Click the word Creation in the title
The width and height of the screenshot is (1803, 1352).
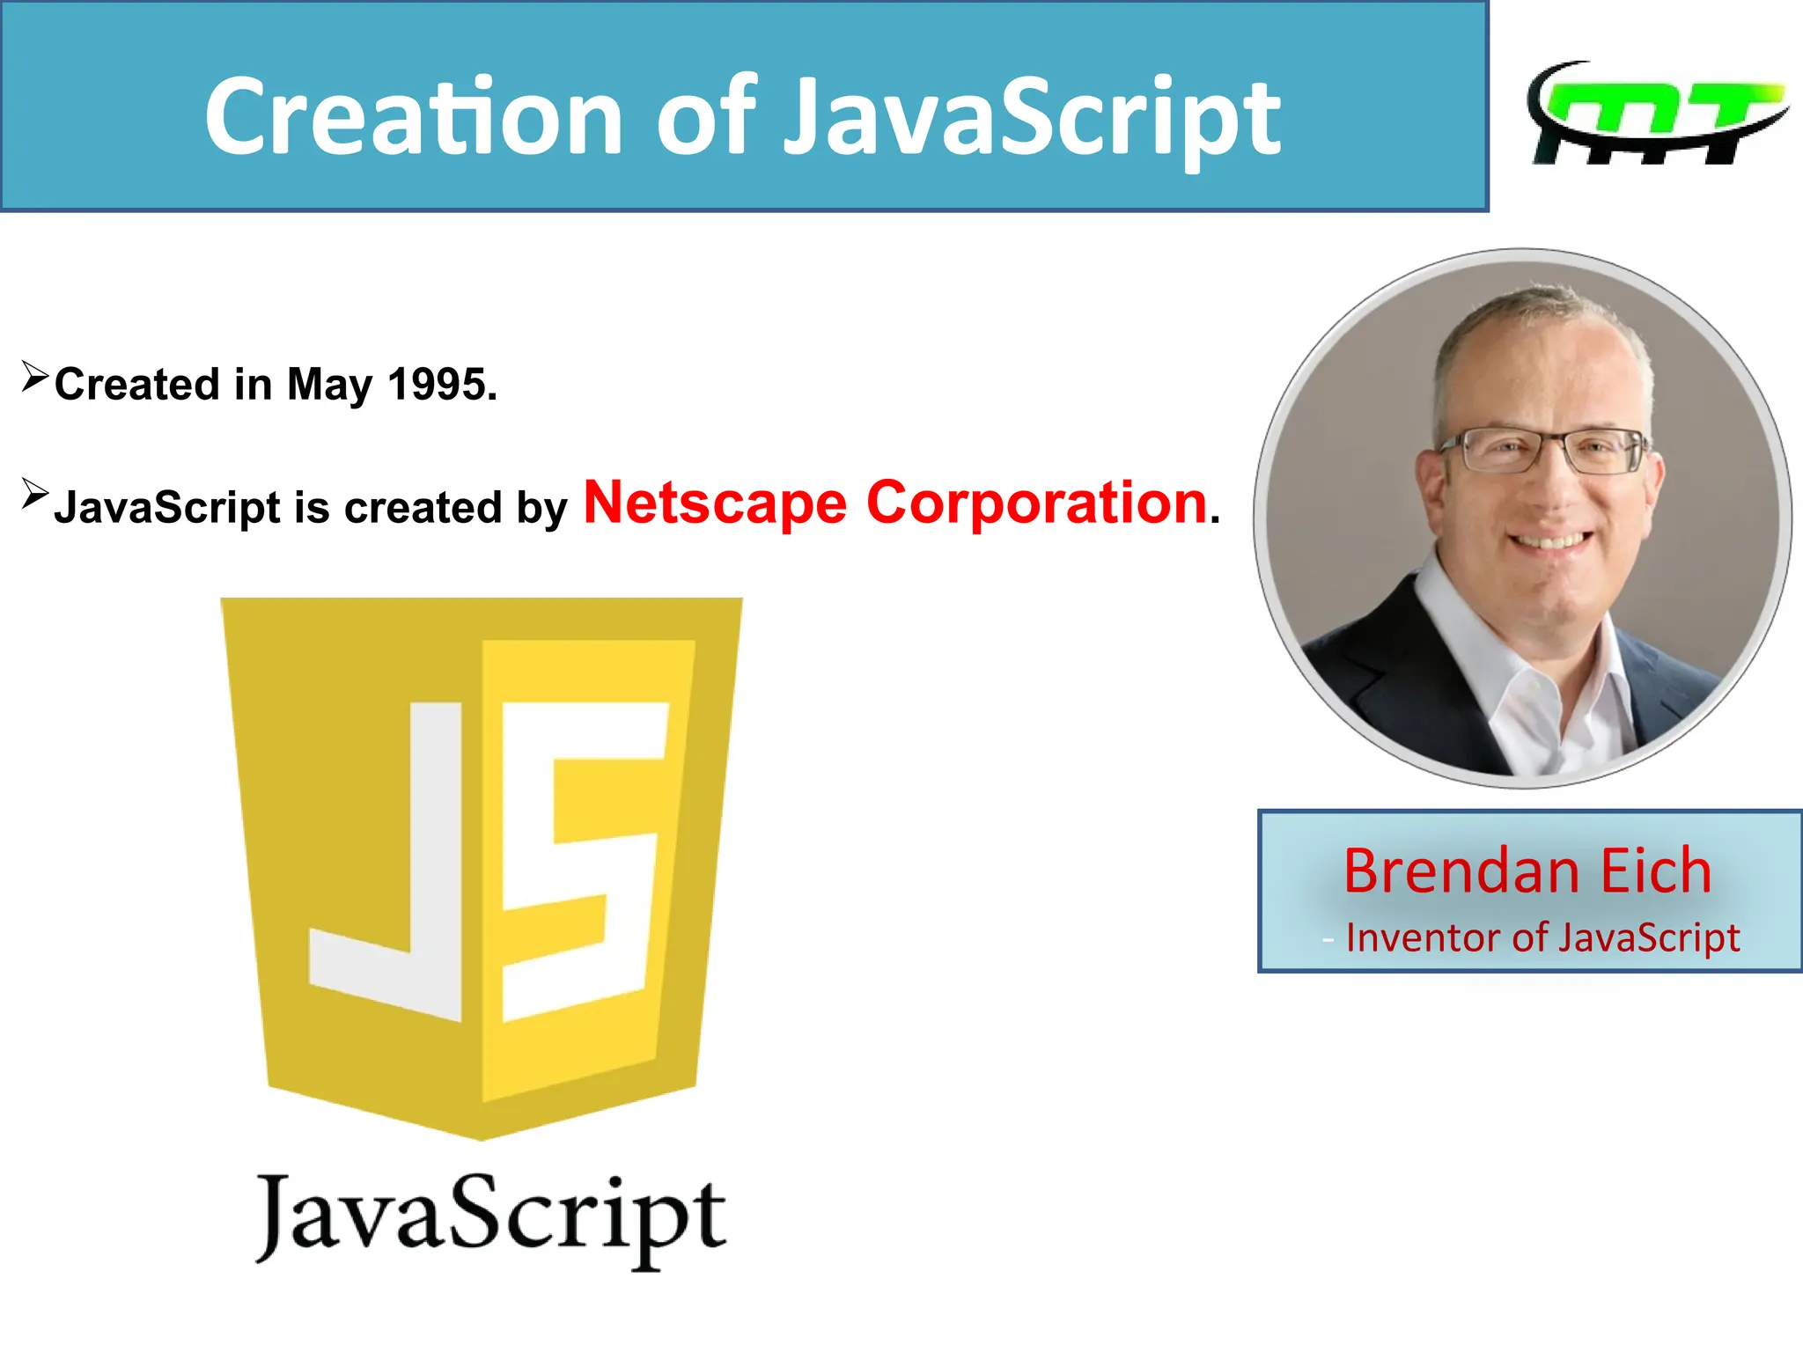tap(415, 117)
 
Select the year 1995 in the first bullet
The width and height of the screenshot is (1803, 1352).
tap(442, 385)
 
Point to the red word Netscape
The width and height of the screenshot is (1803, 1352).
tap(715, 503)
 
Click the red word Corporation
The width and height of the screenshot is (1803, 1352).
tap(1036, 503)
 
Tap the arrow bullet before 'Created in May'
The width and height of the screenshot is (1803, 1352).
tap(34, 376)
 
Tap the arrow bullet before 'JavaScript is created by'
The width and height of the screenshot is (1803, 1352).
tap(34, 494)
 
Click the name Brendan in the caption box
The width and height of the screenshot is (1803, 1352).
tap(1461, 871)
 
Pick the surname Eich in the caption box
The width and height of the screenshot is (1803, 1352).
tap(1655, 871)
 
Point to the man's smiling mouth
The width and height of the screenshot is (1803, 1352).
tap(1551, 539)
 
